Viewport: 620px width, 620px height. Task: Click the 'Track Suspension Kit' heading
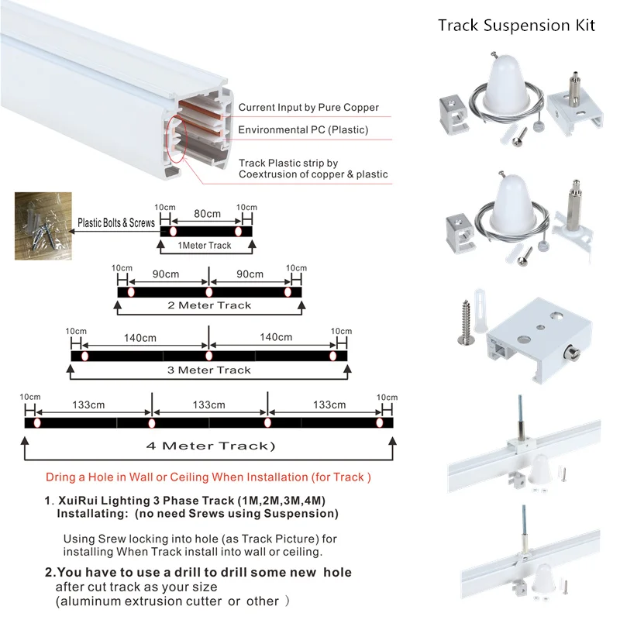[516, 25]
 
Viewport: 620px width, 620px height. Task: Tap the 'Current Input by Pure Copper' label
[308, 108]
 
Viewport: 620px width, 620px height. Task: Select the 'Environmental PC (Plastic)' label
[303, 129]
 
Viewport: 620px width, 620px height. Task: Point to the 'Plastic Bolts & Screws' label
[115, 222]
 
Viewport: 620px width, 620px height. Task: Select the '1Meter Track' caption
[205, 246]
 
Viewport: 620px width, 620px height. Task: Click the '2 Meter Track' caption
[209, 305]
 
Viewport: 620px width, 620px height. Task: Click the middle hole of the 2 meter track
[208, 293]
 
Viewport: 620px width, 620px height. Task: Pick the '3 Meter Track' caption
[209, 370]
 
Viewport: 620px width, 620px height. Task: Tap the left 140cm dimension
[139, 337]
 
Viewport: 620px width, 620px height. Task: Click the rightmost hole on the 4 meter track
[380, 423]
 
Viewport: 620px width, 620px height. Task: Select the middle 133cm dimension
[208, 405]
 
